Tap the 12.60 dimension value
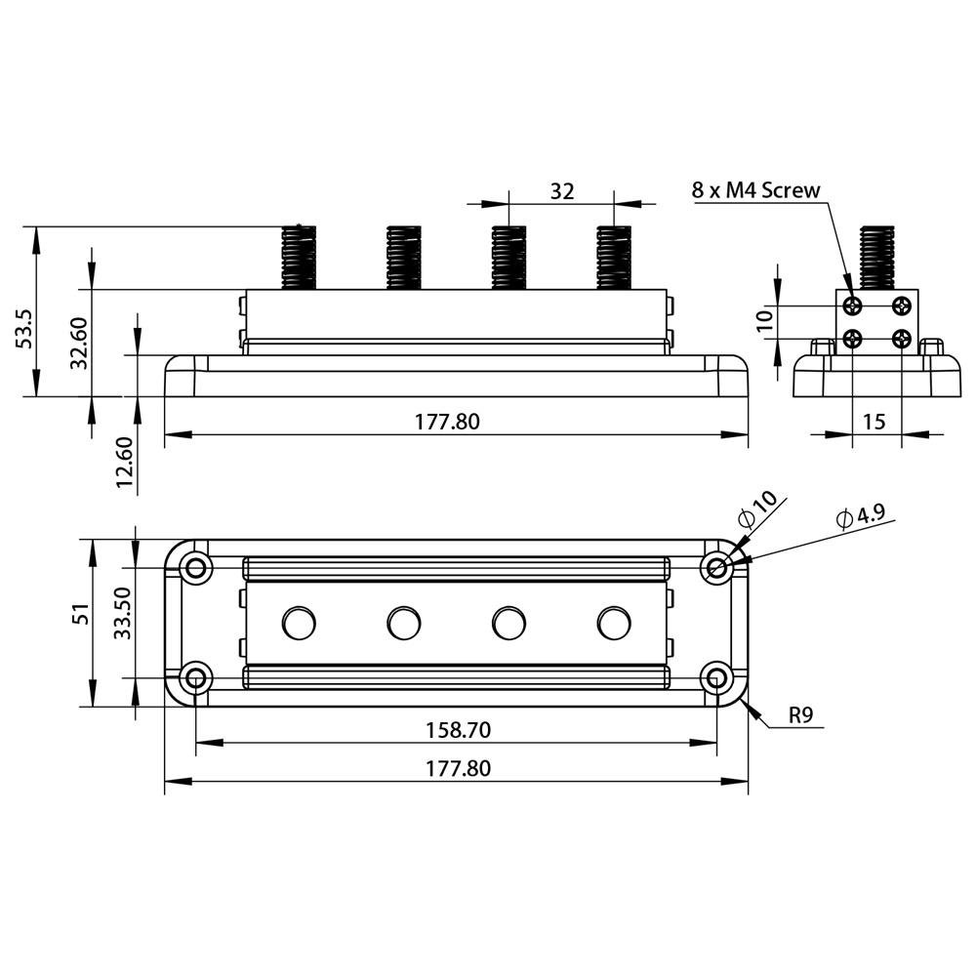point(125,463)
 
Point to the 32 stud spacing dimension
point(561,191)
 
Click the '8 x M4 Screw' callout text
point(755,190)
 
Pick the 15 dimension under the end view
point(874,422)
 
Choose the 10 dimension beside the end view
point(765,319)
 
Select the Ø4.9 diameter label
point(862,516)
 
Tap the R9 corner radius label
point(801,715)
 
